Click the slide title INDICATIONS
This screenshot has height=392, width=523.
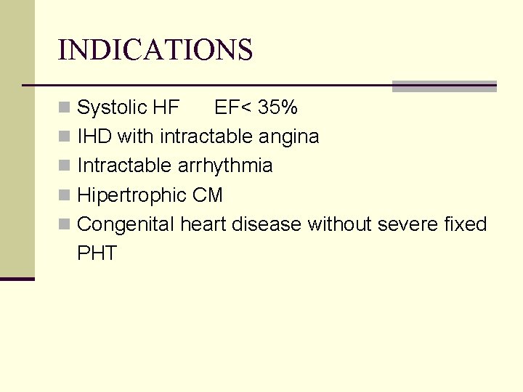tap(155, 50)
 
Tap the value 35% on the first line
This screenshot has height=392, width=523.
tap(279, 108)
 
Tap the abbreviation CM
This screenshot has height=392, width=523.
tap(208, 195)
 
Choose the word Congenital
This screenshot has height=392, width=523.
tap(126, 225)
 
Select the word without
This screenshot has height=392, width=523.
tap(340, 224)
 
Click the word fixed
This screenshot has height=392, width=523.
tap(465, 224)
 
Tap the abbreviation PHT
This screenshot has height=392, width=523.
tap(97, 253)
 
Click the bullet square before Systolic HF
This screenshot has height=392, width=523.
tap(65, 109)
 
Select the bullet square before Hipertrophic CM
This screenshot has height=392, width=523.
tap(65, 196)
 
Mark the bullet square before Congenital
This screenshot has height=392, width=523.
tap(65, 225)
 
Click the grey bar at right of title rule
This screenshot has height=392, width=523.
tap(444, 86)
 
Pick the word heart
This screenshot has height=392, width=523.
tap(203, 224)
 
